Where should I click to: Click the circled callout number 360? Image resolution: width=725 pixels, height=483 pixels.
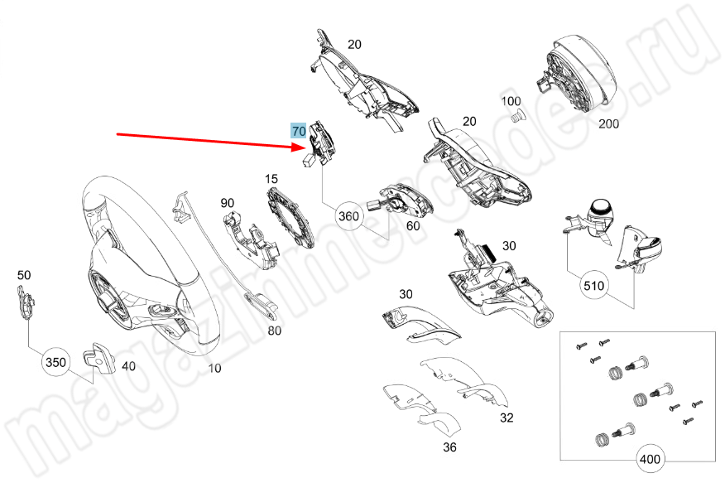pos(349,216)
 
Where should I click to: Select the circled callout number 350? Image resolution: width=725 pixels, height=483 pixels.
pos(55,362)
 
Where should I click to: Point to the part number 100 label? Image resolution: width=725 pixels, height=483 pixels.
pos(511,101)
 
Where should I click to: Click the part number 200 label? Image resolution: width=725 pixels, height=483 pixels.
pos(608,124)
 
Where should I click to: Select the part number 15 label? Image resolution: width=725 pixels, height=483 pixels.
pos(271,179)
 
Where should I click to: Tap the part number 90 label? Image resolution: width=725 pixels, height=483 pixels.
pos(228,203)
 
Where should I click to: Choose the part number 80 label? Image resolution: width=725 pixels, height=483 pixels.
pos(274,331)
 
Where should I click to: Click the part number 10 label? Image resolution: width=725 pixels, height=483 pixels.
pos(214,369)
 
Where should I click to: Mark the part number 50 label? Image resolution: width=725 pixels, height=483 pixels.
pos(24,275)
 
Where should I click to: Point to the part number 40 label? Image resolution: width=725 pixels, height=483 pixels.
pos(128,365)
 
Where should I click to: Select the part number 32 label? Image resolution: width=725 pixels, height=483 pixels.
pos(507,418)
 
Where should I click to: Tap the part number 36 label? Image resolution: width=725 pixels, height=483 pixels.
pos(449,448)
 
